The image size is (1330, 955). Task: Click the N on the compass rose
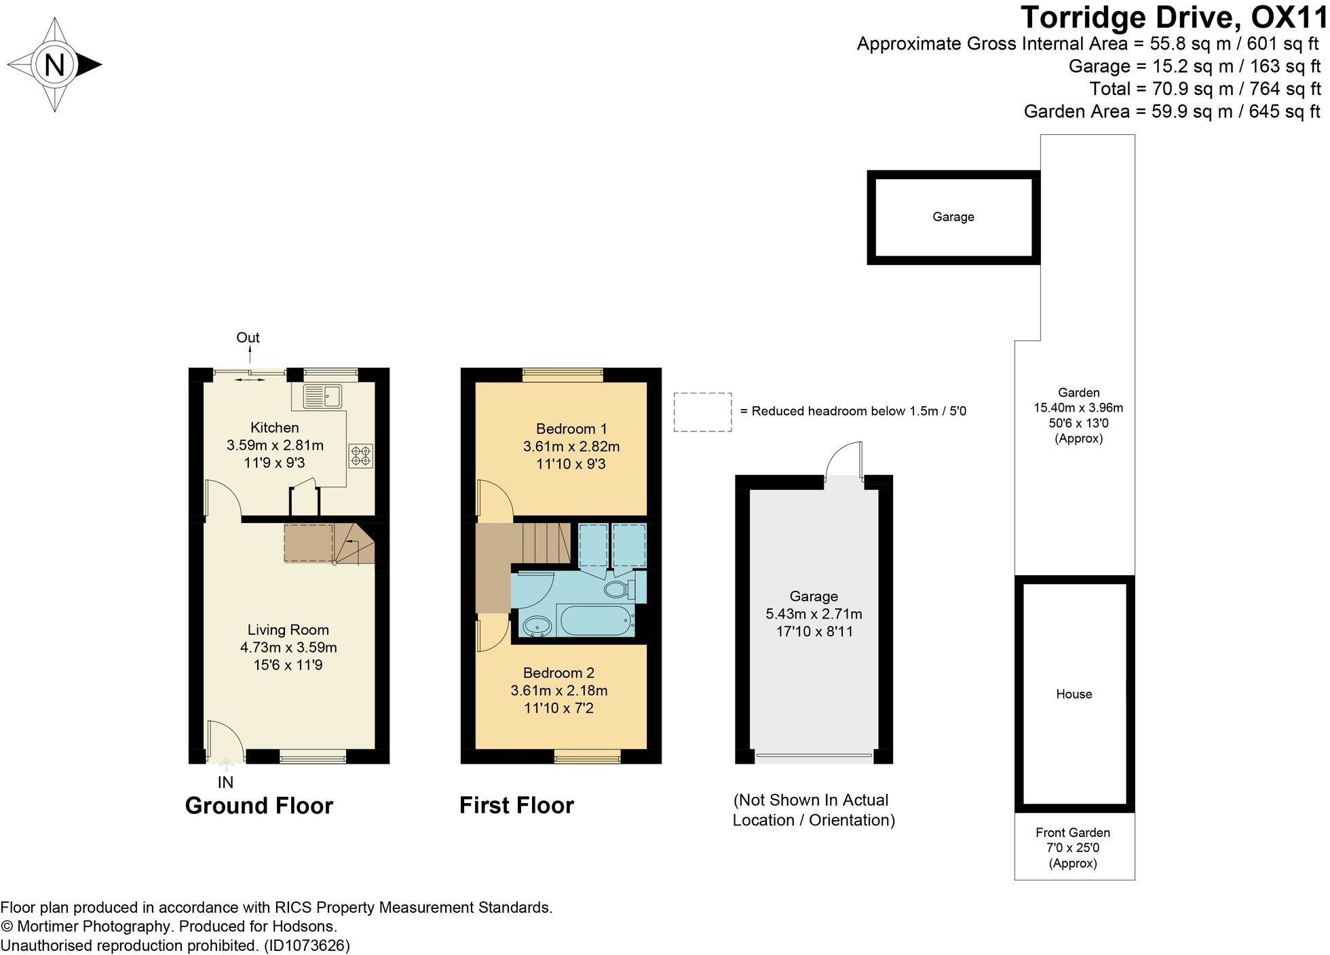click(x=54, y=65)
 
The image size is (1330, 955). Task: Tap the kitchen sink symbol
click(x=323, y=395)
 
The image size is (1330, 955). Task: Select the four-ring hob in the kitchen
click(x=360, y=455)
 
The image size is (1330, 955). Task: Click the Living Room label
click(x=288, y=629)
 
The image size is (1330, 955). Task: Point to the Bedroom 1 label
click(x=571, y=429)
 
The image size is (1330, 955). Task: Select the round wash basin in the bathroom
click(x=537, y=627)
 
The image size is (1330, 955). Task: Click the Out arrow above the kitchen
click(x=249, y=354)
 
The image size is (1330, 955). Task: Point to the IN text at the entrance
click(x=225, y=782)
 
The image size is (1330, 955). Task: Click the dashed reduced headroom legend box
click(x=702, y=412)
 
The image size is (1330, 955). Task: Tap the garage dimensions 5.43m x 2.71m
click(x=814, y=614)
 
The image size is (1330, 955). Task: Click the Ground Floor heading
click(x=259, y=805)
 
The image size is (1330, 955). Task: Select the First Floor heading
click(x=516, y=805)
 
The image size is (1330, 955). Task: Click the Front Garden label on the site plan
click(x=1073, y=832)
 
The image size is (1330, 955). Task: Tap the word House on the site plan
click(x=1073, y=694)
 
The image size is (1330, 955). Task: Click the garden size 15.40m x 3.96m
click(x=1078, y=408)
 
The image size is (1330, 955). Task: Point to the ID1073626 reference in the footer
click(x=307, y=945)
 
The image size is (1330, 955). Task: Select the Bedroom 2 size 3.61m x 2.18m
click(x=558, y=690)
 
